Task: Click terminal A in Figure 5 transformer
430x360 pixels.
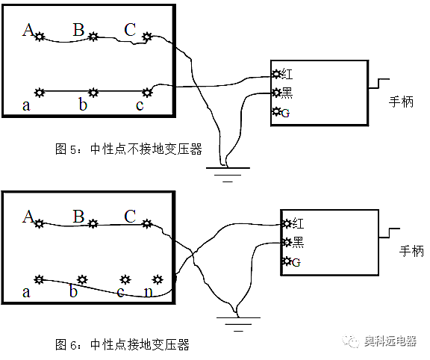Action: point(40,36)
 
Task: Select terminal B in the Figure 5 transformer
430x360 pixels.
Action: point(93,36)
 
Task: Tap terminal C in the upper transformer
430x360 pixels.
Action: point(147,36)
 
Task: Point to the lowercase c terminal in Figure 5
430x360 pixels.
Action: point(147,92)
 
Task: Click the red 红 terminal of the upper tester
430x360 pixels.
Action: point(277,74)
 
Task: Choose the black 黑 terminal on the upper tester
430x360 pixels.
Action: point(277,93)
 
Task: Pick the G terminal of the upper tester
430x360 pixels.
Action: point(277,112)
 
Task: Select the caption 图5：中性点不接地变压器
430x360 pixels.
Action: point(128,149)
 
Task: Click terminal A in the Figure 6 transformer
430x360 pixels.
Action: point(40,223)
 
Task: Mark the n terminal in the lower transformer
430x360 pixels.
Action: point(157,279)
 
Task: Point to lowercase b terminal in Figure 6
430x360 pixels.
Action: point(82,279)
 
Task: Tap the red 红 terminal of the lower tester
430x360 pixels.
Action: point(287,223)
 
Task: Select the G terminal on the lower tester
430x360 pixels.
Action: point(287,261)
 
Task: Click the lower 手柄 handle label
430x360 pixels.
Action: point(411,251)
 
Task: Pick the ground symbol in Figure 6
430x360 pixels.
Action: point(237,322)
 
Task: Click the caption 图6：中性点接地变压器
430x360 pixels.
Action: point(122,344)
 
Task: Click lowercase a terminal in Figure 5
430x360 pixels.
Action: point(40,92)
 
